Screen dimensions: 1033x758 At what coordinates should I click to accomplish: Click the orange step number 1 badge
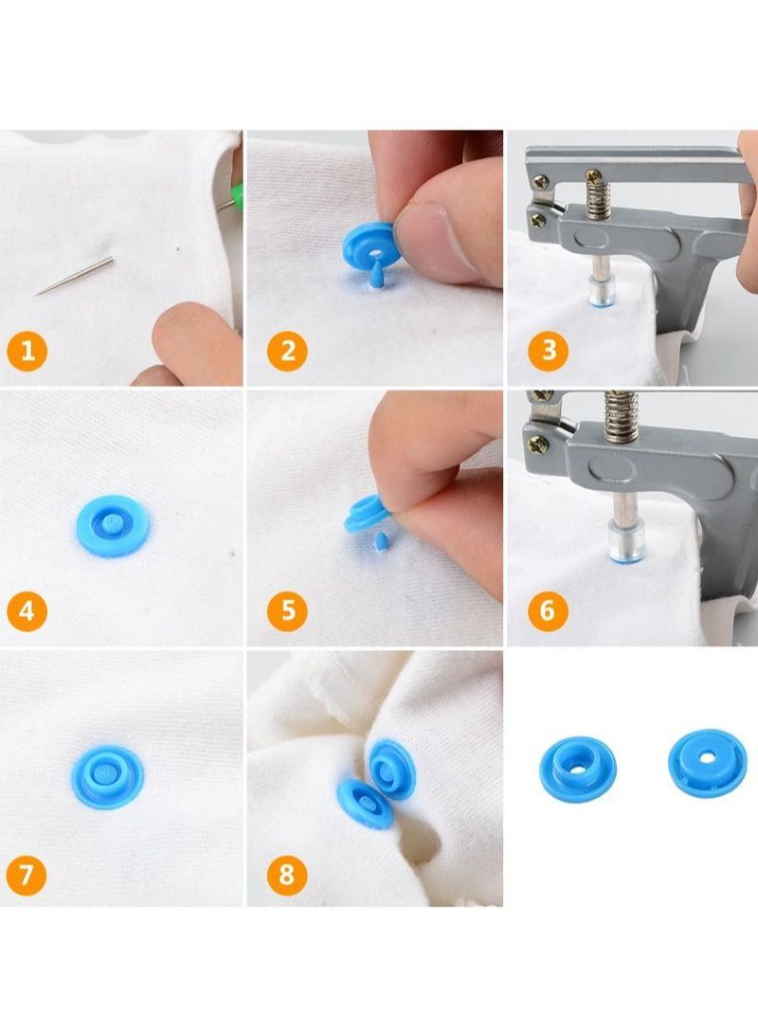point(27,352)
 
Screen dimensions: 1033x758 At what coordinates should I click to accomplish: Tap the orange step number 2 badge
point(287,352)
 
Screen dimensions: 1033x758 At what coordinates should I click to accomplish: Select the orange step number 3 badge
point(548,352)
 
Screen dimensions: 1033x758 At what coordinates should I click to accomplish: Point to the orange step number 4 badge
point(27,611)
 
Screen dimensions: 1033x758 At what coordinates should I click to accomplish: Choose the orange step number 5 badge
point(287,611)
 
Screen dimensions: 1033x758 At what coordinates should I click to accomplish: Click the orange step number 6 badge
point(548,611)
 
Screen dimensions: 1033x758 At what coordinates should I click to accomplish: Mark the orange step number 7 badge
point(27,873)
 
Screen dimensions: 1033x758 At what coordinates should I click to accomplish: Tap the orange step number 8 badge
point(287,873)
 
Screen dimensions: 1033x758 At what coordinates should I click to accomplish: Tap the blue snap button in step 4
point(113,526)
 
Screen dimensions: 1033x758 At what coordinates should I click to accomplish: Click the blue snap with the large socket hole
point(577,766)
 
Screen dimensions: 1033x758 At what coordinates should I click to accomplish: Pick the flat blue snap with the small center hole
point(706,761)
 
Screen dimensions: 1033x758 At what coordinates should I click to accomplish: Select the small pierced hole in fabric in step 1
point(177,249)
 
